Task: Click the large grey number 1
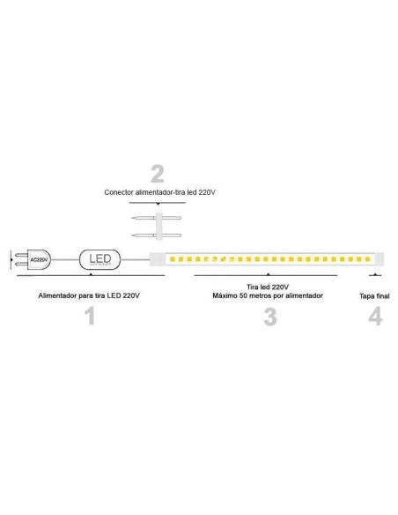[x=90, y=316]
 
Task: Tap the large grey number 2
[x=158, y=174]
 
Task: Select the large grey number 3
[x=270, y=317]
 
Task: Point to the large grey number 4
[x=375, y=316]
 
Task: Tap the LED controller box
[x=100, y=259]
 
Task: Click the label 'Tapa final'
[x=374, y=296]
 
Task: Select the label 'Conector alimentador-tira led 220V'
[x=159, y=192]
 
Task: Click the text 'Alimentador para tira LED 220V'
[x=89, y=295]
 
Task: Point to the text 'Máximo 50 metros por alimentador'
[x=268, y=295]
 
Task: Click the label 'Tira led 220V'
[x=268, y=287]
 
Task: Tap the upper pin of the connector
[x=156, y=218]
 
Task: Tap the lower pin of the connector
[x=156, y=235]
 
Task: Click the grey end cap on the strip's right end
[x=380, y=259]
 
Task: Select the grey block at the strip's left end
[x=158, y=259]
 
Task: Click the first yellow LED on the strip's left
[x=173, y=259]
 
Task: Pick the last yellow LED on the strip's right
[x=367, y=259]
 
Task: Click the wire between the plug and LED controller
[x=65, y=260]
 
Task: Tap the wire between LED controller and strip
[x=136, y=260]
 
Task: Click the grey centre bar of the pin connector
[x=159, y=227]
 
